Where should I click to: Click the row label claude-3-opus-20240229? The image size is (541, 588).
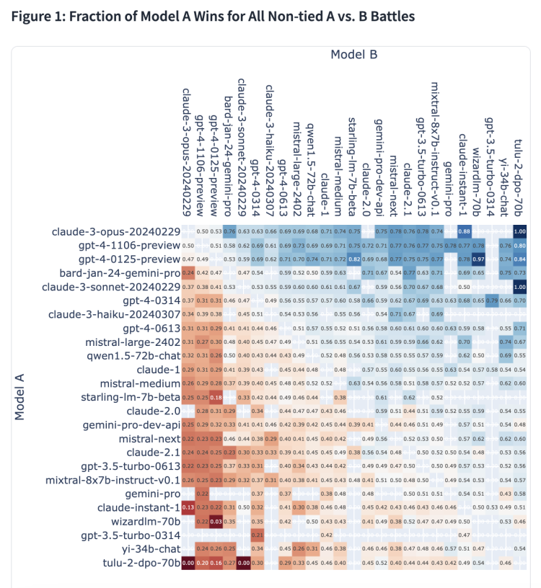click(x=115, y=231)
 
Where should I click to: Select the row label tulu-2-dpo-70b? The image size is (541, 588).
click(x=138, y=563)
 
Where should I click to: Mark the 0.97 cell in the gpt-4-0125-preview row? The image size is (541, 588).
click(x=478, y=259)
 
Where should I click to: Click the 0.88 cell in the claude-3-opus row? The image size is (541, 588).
click(x=465, y=231)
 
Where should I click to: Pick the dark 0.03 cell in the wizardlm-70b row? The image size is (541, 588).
click(x=215, y=521)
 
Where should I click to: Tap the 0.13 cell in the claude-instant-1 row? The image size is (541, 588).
click(x=188, y=507)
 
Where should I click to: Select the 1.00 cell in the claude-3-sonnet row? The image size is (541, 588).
click(x=519, y=287)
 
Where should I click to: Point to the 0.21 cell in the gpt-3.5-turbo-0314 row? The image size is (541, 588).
click(x=256, y=535)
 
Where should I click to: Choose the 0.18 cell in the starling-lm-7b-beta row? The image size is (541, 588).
click(x=215, y=397)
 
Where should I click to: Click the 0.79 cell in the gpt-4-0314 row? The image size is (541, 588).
click(x=492, y=300)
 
